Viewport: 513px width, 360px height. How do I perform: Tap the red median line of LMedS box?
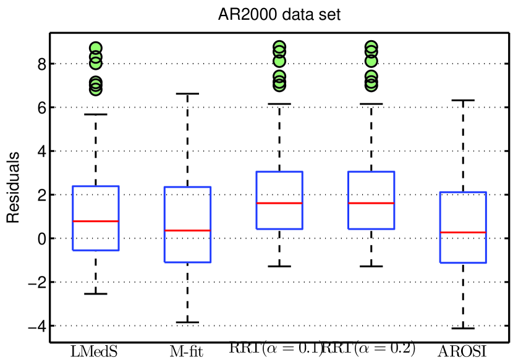coord(96,221)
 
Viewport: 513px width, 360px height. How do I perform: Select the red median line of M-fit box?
coord(187,230)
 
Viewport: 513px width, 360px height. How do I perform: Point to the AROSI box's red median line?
coord(463,232)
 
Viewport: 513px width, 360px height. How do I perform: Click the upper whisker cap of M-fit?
coord(187,94)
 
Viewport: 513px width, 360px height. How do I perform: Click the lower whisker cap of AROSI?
coord(463,328)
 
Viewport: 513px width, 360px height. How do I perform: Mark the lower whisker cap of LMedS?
coord(96,293)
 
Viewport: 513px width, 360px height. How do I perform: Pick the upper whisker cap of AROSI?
coord(463,100)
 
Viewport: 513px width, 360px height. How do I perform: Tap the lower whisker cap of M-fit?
coord(187,322)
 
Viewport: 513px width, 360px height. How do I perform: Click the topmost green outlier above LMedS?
coord(96,48)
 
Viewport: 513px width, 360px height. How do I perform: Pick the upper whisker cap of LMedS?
coord(96,114)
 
